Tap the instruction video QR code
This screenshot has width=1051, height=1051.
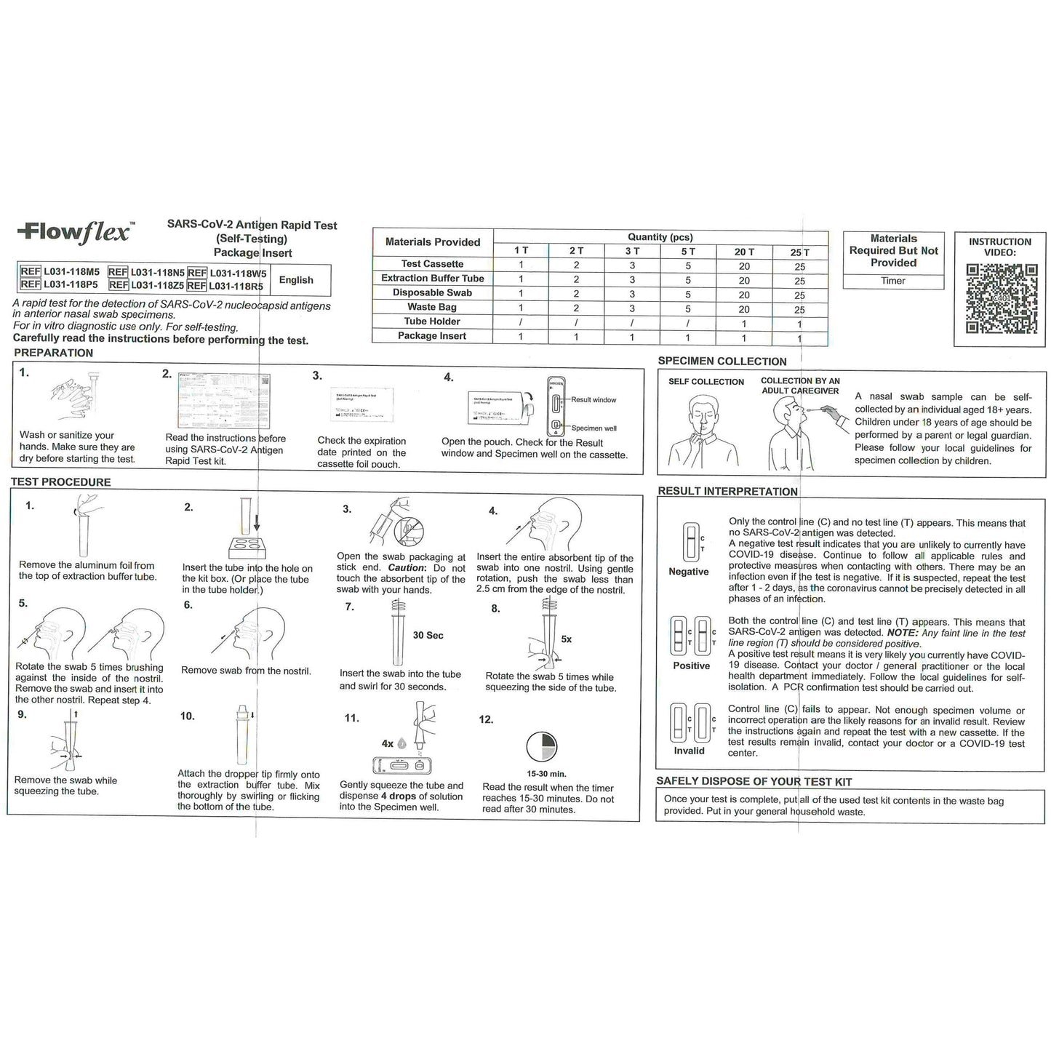pos(1000,299)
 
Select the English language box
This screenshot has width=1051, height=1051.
pos(296,280)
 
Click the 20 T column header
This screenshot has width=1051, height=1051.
pos(743,252)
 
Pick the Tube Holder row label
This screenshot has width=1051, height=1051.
pos(432,321)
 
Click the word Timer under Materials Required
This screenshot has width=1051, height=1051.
pos(892,281)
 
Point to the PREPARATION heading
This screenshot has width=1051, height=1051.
pos(54,353)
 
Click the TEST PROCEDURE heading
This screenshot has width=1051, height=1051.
pos(61,482)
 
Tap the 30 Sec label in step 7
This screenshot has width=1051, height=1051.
pos(428,636)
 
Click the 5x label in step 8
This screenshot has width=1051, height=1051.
pos(566,639)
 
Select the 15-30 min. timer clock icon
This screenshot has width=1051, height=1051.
pos(541,747)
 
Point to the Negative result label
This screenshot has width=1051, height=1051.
pos(688,572)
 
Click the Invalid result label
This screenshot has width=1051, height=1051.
pos(689,751)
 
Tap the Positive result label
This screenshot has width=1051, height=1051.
pos(691,666)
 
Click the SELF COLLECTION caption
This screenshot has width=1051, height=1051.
pos(706,382)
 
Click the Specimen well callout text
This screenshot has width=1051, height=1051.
pos(594,428)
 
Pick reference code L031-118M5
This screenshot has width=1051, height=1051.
pos(71,272)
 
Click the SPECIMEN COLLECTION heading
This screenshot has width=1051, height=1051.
pos(722,361)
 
